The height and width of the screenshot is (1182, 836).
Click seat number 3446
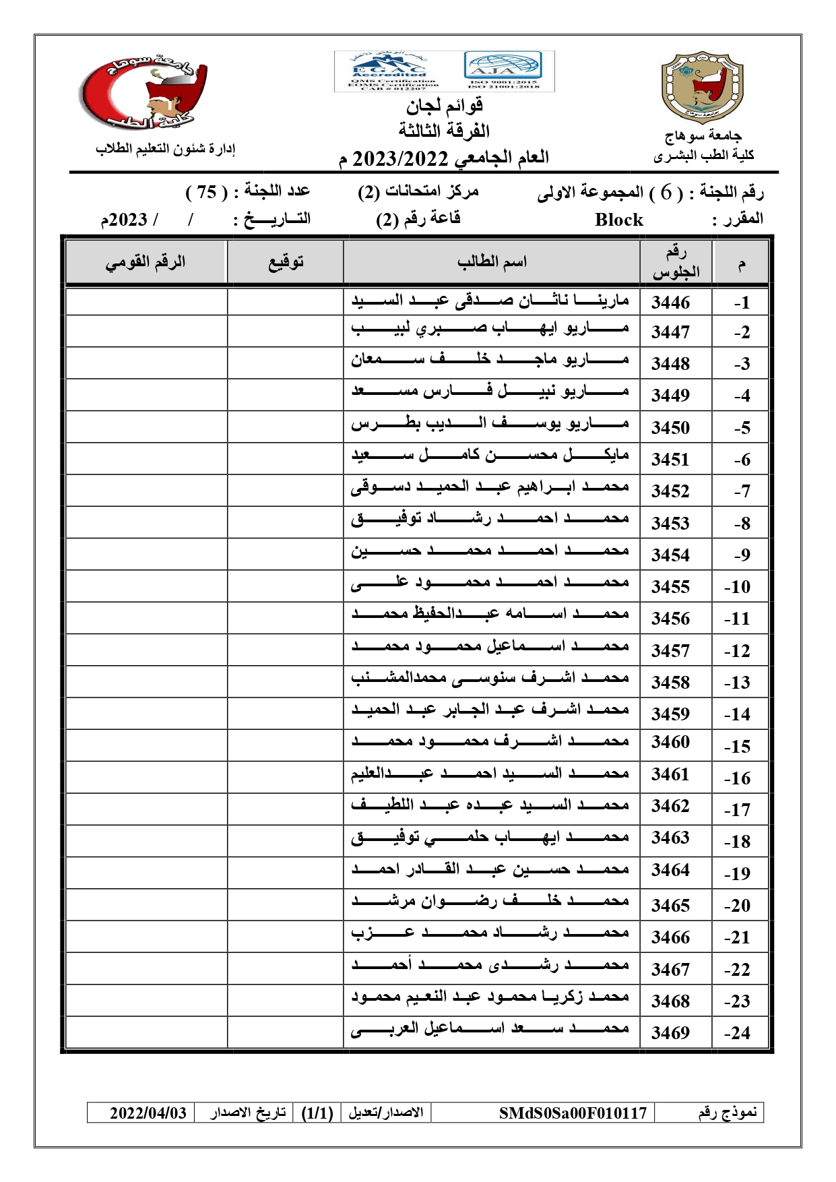click(x=670, y=302)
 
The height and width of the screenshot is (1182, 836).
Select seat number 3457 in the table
click(x=670, y=650)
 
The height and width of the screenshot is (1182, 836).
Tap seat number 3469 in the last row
click(x=670, y=1032)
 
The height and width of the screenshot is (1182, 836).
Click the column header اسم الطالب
click(x=492, y=261)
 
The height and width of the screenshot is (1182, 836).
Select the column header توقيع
click(x=286, y=261)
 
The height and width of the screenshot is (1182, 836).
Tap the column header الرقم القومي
click(x=146, y=261)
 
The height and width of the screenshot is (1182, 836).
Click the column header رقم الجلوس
click(x=676, y=261)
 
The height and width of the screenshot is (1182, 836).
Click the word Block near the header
click(x=618, y=220)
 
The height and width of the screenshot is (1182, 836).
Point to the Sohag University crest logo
click(x=703, y=88)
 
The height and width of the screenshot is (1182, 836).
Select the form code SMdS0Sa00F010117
click(x=573, y=1113)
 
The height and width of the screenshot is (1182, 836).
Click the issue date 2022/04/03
click(x=148, y=1113)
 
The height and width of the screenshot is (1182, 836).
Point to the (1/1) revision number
click(x=317, y=1113)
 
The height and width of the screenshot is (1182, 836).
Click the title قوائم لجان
click(x=445, y=106)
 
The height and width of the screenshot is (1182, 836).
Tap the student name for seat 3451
click(x=490, y=456)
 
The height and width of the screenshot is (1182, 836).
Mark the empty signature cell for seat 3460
click(x=286, y=745)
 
